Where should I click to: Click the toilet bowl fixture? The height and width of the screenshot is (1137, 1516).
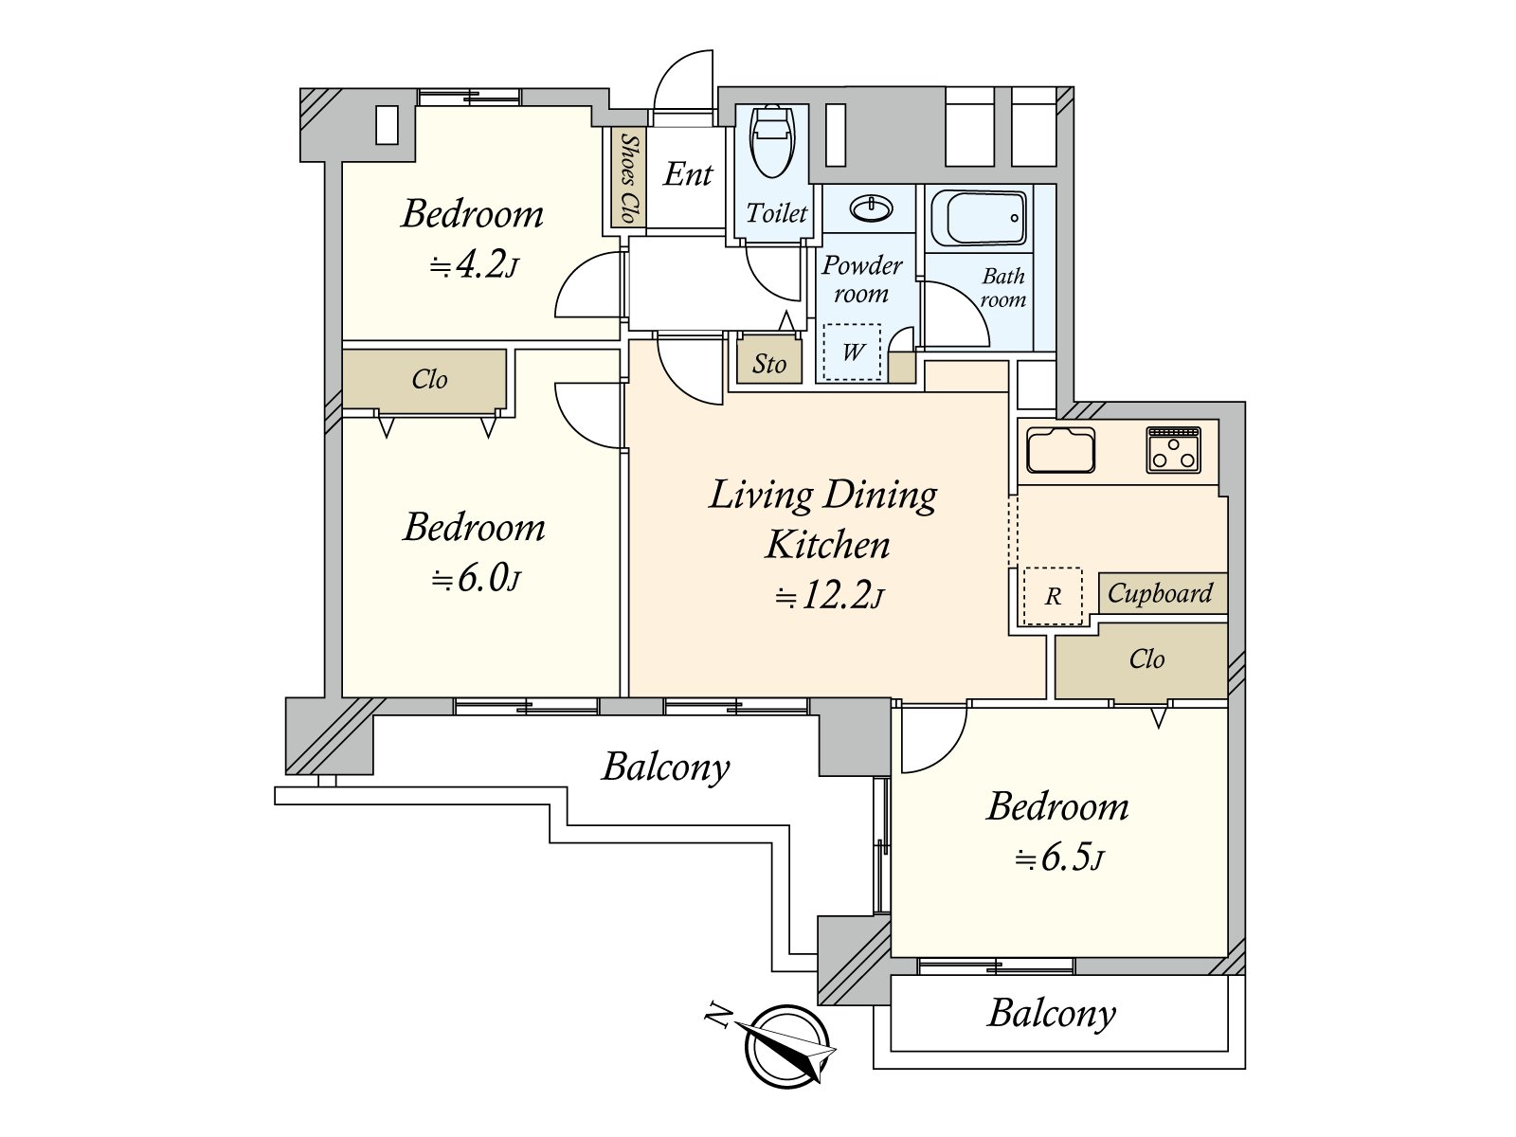coord(772,141)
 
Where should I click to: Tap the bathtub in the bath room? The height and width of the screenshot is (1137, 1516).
coord(978,218)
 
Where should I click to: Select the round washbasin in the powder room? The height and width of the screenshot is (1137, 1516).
coord(871,208)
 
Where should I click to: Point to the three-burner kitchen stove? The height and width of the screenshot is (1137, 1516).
coord(1173,449)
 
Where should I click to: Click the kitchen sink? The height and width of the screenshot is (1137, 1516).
coord(1060,450)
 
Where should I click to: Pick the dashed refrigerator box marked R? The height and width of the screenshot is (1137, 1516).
coord(1053,596)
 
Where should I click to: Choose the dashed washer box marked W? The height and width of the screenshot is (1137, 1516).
coord(852,352)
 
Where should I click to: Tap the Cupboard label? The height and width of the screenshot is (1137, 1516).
coord(1161,593)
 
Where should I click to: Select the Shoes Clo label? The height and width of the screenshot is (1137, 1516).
coord(628,177)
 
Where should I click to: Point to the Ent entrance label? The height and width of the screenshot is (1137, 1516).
coord(688,174)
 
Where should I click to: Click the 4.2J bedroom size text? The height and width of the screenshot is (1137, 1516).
coord(475,266)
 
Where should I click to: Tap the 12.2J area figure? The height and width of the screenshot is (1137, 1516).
coord(829,597)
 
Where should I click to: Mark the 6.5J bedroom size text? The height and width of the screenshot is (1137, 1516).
coord(1059,858)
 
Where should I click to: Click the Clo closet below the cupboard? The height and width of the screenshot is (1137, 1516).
coord(1141,660)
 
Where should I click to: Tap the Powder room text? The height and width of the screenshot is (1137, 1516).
coord(862,280)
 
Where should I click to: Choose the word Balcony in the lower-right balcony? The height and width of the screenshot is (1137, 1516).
coord(1052,1014)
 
